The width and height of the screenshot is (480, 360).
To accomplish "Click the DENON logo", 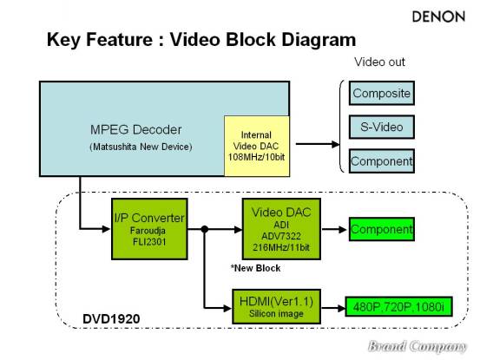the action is click(x=438, y=16).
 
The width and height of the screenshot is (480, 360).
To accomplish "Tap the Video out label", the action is click(x=379, y=62).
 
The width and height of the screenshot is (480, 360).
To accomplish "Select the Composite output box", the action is click(x=382, y=93).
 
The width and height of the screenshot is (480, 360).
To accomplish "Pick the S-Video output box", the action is click(x=382, y=127).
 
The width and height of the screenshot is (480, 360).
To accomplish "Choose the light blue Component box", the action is click(x=382, y=161).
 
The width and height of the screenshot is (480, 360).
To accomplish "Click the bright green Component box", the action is click(x=382, y=229).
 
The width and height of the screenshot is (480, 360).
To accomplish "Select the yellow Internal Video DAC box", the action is click(x=257, y=147).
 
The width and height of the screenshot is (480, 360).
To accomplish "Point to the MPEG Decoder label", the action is click(x=136, y=129).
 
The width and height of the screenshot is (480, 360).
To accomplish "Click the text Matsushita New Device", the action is click(x=141, y=147).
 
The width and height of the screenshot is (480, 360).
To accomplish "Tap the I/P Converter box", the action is click(x=149, y=229).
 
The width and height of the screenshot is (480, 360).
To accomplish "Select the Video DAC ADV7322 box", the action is click(x=281, y=229).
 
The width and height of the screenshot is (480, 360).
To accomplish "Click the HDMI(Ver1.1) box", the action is click(x=276, y=306).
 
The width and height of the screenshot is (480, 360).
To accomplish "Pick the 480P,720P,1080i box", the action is click(x=398, y=306).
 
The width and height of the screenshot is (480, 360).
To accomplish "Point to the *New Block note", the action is click(x=255, y=268).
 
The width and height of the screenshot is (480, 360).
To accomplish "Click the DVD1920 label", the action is click(x=111, y=319).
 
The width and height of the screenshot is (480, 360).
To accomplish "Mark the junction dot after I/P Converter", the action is click(x=205, y=229).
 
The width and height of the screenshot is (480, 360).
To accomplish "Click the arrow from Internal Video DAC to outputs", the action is click(x=318, y=144).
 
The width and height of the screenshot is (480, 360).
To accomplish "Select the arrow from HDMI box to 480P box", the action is click(x=333, y=308).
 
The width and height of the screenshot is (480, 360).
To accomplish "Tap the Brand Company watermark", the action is click(x=418, y=346).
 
